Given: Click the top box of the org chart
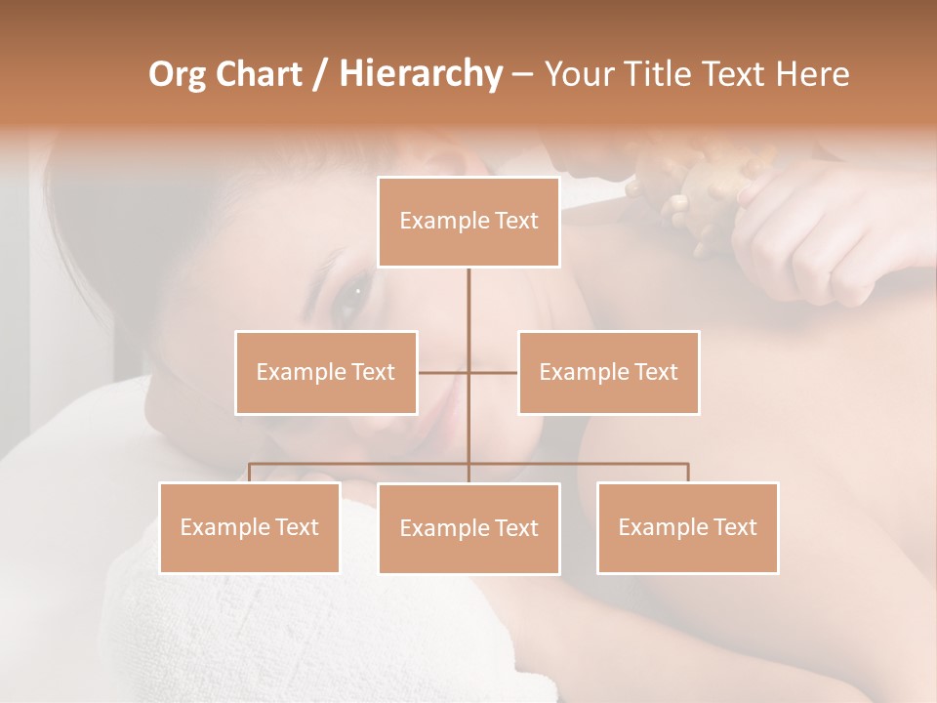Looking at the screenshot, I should pyautogui.click(x=468, y=222).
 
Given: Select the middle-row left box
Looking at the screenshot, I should pyautogui.click(x=326, y=372).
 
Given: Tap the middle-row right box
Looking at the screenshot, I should pyautogui.click(x=609, y=372).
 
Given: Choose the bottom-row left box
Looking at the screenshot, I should pyautogui.click(x=250, y=527).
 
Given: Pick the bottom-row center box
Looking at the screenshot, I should pyautogui.click(x=468, y=528).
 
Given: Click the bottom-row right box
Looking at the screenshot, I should pyautogui.click(x=687, y=527).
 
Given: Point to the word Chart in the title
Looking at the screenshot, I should pyautogui.click(x=257, y=74).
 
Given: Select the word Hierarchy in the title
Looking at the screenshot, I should pyautogui.click(x=420, y=74).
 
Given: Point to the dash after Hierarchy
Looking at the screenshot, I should pyautogui.click(x=522, y=74).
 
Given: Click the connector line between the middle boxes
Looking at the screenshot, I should pyautogui.click(x=445, y=372).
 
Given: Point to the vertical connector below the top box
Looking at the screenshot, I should pyautogui.click(x=468, y=303).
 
